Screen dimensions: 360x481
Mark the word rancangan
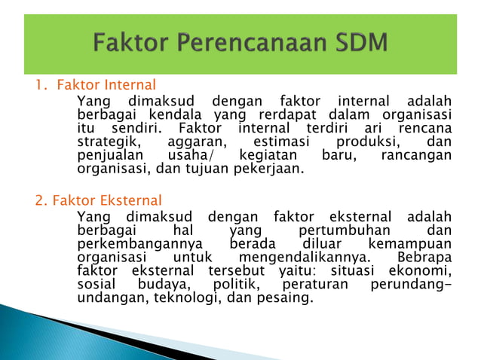pyautogui.click(x=417, y=155)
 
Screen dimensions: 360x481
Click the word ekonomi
pyautogui.click(x=423, y=271)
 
